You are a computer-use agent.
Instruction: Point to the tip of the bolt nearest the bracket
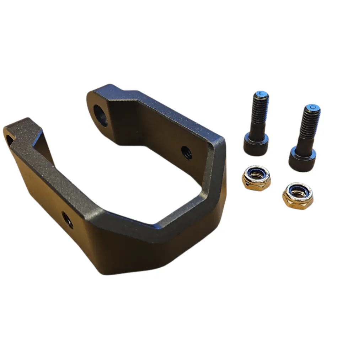point(262,94)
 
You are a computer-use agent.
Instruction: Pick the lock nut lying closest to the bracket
point(256,177)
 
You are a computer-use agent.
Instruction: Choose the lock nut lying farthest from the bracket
point(298,196)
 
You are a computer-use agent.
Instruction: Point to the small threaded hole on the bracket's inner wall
point(187,152)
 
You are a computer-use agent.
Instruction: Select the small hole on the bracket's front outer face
point(67,219)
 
